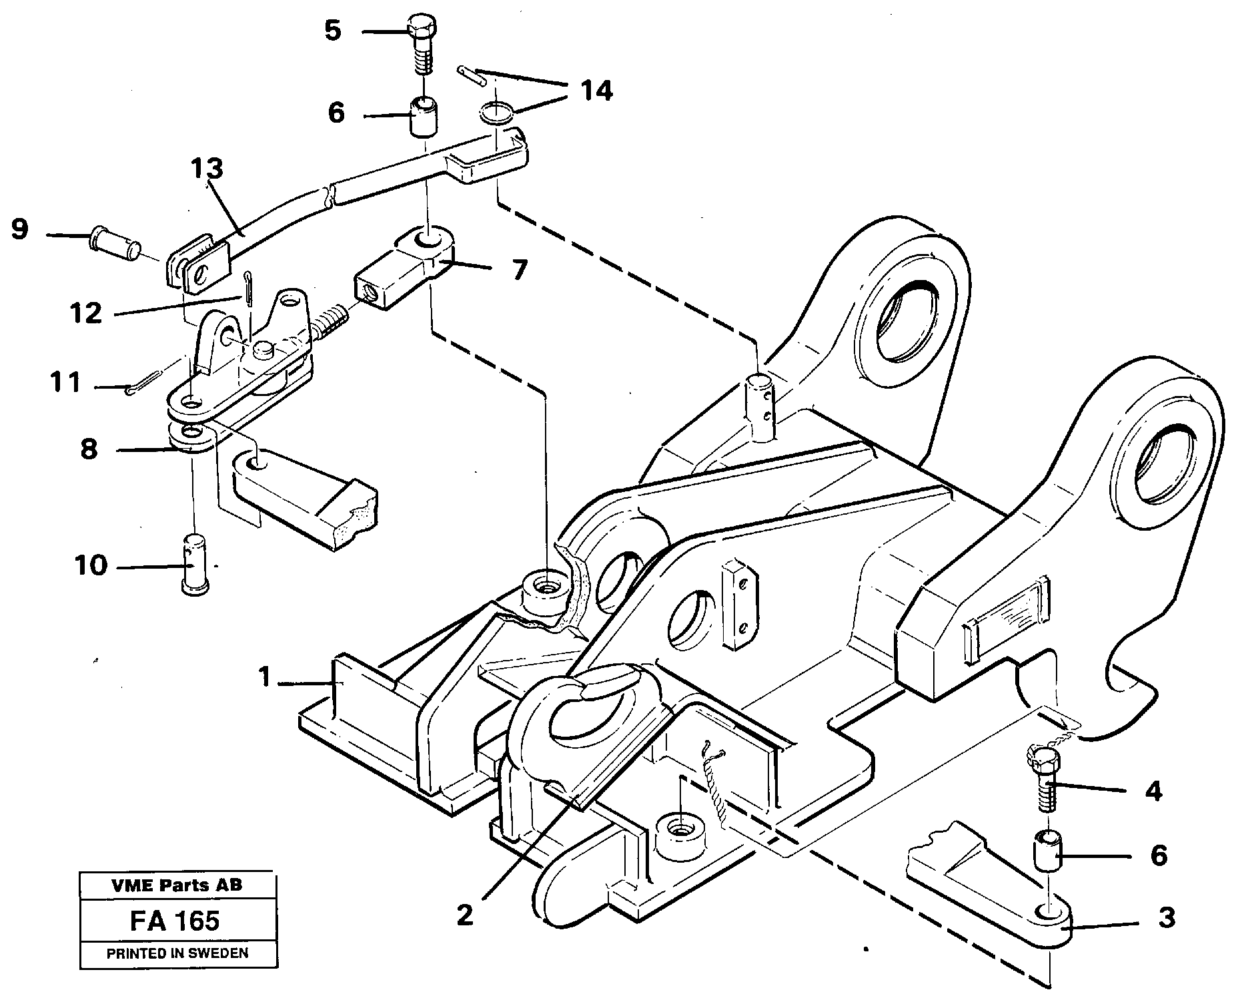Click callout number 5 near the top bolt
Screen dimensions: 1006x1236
[332, 31]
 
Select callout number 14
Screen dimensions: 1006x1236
[596, 91]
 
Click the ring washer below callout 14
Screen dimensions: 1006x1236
[496, 111]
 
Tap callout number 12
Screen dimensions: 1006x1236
[85, 312]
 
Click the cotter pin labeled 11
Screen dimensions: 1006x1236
[142, 383]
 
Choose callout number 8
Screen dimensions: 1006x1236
[89, 449]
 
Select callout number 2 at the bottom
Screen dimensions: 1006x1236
[465, 915]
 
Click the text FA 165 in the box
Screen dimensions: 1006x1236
[175, 921]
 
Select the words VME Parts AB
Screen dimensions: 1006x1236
[177, 885]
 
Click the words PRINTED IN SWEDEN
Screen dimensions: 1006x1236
[177, 953]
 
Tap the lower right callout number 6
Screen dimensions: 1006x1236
[1159, 855]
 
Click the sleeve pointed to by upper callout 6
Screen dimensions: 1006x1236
[423, 116]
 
